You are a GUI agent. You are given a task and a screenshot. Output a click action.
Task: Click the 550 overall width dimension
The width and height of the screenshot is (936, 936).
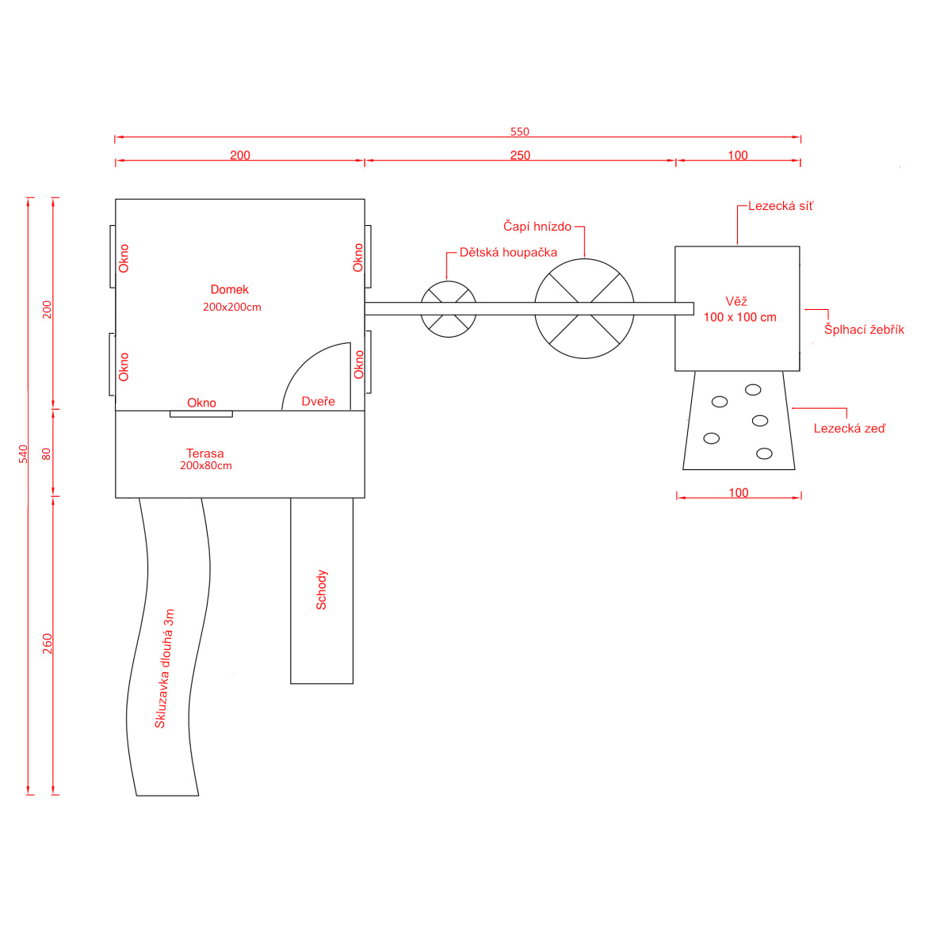coord(519,132)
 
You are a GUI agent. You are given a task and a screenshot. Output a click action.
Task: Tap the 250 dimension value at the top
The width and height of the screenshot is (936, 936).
coord(520,155)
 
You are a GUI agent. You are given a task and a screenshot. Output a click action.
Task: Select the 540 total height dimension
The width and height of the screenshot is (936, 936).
coord(23,453)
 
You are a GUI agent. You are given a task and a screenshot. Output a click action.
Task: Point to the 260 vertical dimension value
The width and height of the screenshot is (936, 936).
coord(48,644)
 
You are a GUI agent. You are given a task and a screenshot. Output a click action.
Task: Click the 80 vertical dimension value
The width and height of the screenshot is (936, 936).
coord(47,454)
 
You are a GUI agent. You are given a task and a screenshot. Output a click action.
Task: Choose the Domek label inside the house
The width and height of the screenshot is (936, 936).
coord(229,289)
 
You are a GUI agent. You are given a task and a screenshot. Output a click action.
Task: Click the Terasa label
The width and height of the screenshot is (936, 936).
coord(204,453)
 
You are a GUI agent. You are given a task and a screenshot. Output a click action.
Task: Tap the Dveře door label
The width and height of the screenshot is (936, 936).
coord(318,401)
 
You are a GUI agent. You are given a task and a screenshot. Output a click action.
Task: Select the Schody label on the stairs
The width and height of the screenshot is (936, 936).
coord(321,590)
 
